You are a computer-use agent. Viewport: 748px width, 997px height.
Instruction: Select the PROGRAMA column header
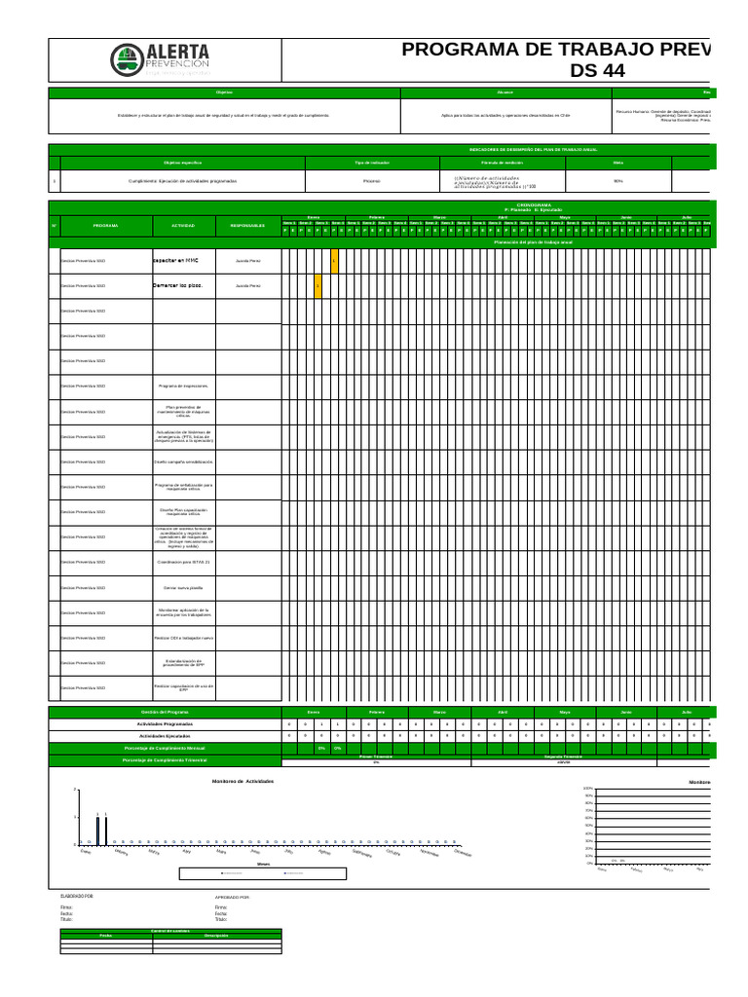click(106, 226)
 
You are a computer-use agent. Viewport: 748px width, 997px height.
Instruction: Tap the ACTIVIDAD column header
click(183, 226)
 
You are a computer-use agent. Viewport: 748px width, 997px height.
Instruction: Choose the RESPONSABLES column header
click(248, 226)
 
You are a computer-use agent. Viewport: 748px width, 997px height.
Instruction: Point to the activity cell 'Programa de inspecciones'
click(183, 387)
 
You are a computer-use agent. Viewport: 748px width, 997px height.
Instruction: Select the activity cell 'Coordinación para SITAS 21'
click(183, 563)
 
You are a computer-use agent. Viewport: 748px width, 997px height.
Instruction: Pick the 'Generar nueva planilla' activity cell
click(183, 588)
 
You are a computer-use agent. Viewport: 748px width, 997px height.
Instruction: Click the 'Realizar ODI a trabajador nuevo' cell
click(183, 638)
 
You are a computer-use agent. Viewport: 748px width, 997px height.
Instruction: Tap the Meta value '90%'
click(617, 181)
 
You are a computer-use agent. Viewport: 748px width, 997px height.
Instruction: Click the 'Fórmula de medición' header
click(502, 162)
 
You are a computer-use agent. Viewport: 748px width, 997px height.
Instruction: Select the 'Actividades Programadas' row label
click(165, 724)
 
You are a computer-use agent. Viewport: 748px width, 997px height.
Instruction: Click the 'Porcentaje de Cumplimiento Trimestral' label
click(165, 759)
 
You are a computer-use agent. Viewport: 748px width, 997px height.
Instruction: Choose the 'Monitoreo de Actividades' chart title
click(243, 782)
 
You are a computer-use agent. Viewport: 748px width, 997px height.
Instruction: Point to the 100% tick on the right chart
click(587, 788)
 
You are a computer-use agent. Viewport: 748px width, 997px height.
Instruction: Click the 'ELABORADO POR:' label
click(77, 895)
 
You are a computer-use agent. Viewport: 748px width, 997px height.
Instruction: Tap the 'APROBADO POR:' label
click(232, 896)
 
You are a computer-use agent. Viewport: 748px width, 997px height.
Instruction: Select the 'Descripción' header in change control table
click(216, 936)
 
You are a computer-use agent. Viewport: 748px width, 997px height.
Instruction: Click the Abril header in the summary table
click(503, 713)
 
